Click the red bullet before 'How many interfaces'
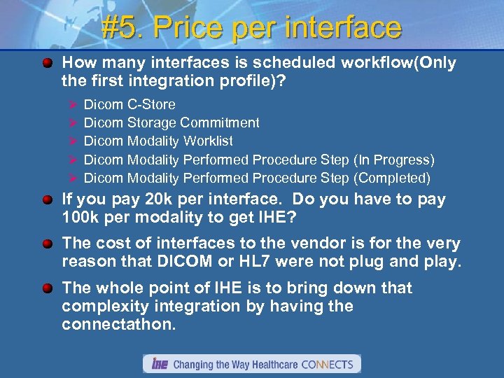[x=47, y=64]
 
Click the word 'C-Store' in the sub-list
[x=151, y=104]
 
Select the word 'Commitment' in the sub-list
[x=218, y=122]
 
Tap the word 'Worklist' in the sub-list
[x=206, y=141]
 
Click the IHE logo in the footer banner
[x=158, y=364]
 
